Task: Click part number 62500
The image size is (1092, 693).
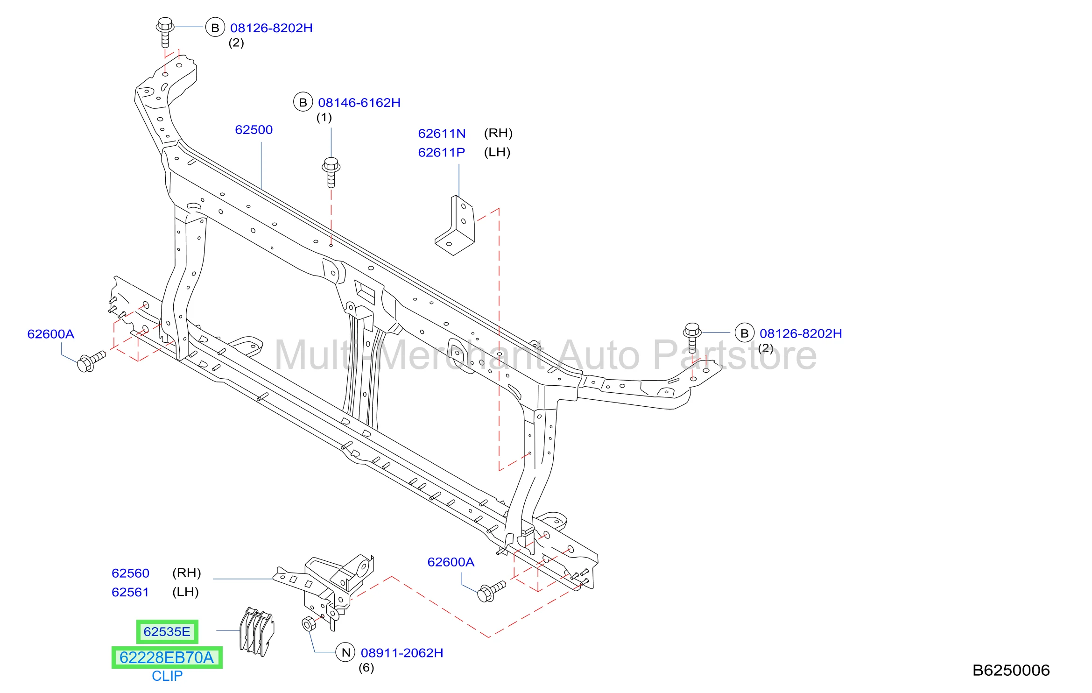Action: [254, 130]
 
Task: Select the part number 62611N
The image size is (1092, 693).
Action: [442, 134]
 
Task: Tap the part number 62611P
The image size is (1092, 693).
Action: [442, 152]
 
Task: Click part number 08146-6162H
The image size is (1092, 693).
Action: [359, 103]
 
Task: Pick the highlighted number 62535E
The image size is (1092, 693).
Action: [167, 632]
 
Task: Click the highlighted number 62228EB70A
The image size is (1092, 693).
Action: [167, 658]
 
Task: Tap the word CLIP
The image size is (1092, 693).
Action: [167, 676]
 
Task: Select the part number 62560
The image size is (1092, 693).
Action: [130, 573]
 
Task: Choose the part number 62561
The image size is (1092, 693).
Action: [130, 592]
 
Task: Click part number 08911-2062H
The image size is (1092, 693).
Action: [402, 653]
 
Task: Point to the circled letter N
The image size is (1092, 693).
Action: [346, 652]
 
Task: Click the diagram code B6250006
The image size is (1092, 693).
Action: [1011, 671]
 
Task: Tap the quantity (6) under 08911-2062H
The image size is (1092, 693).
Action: [366, 668]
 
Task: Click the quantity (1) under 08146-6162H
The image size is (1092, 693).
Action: [324, 117]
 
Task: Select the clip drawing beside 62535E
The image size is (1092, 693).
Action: [256, 631]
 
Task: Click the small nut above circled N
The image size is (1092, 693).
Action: [309, 624]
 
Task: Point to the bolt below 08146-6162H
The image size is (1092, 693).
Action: [331, 172]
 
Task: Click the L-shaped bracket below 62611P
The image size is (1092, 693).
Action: [455, 226]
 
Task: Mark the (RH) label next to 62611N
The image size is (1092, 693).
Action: [498, 134]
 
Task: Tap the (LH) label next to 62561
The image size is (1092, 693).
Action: [185, 592]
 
